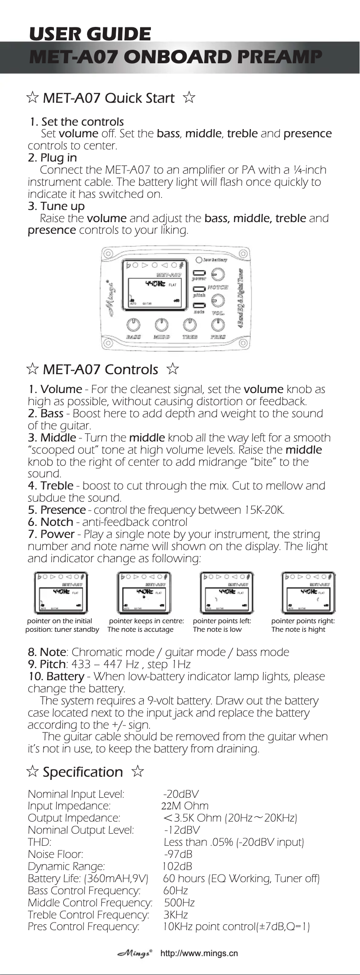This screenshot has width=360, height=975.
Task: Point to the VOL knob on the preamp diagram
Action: [x=218, y=300]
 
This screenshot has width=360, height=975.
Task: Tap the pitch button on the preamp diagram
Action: [x=199, y=289]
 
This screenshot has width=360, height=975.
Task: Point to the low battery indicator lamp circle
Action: [x=198, y=260]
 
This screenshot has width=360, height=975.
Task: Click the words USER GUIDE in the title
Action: [x=90, y=34]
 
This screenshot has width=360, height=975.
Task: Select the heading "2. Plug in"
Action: [x=52, y=157]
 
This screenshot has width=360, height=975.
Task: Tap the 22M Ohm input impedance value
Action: [x=185, y=806]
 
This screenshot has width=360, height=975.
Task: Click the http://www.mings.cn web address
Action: [x=199, y=953]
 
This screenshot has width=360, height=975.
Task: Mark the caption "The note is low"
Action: [x=217, y=629]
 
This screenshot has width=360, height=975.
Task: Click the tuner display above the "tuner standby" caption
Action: [x=60, y=593]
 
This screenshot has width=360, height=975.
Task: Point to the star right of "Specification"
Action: [x=138, y=771]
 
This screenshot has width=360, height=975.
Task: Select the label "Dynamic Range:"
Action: [x=66, y=866]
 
